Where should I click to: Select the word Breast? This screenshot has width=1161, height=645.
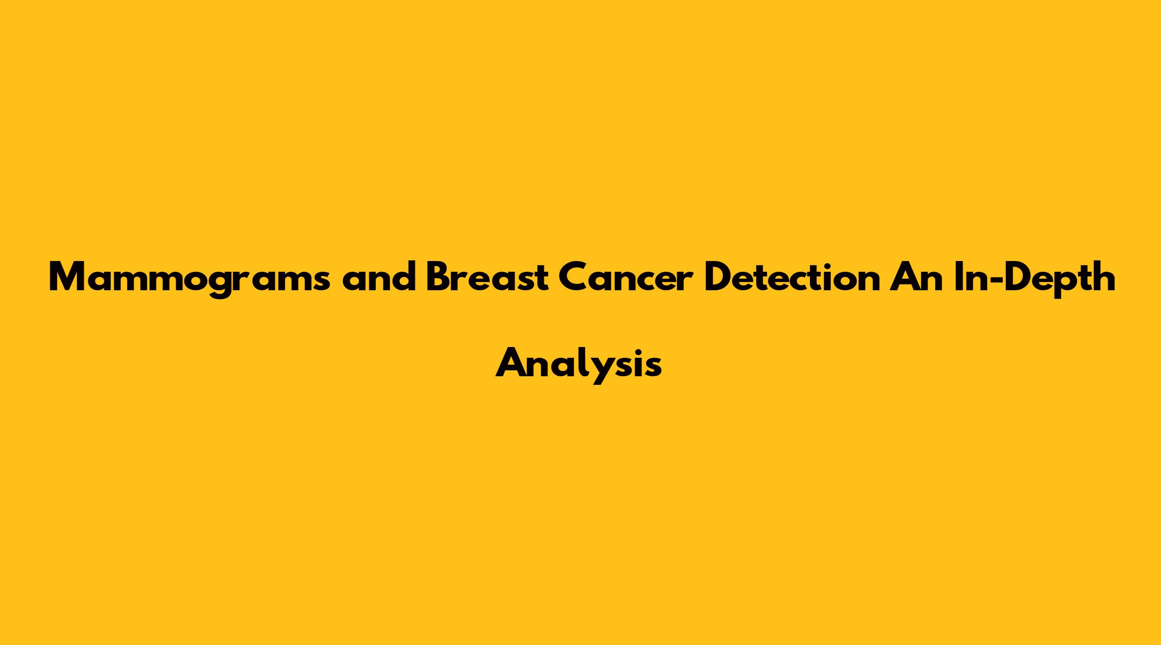[486, 276]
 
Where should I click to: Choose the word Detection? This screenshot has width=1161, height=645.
[792, 276]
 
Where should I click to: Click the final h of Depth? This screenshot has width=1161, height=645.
[1102, 276]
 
